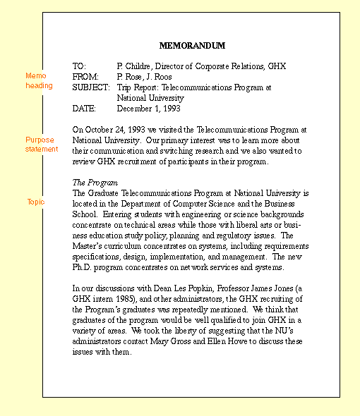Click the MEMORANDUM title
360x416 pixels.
(x=192, y=46)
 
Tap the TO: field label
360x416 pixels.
(x=79, y=66)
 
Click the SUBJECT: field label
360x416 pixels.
(x=91, y=87)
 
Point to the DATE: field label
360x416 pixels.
(x=85, y=109)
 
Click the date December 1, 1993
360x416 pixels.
(x=148, y=109)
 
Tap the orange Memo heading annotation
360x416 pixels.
(x=39, y=80)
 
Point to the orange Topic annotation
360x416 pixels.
(x=36, y=202)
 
